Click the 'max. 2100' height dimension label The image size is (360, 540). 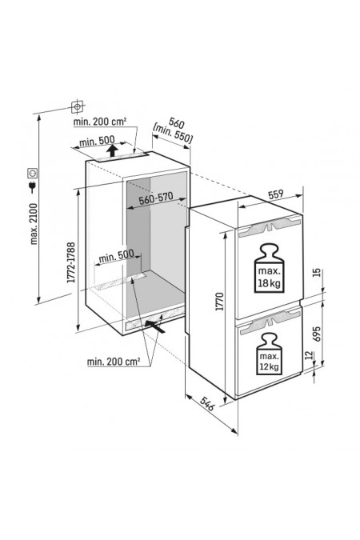click(34, 223)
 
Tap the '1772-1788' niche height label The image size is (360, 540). click(71, 262)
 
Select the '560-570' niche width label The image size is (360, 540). click(156, 199)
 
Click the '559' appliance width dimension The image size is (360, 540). click(275, 194)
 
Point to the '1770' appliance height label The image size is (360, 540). click(219, 302)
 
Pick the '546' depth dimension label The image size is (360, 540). click(207, 404)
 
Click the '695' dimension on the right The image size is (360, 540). click(317, 334)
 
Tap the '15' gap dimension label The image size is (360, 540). click(318, 273)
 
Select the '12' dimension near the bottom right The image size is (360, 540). click(309, 355)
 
